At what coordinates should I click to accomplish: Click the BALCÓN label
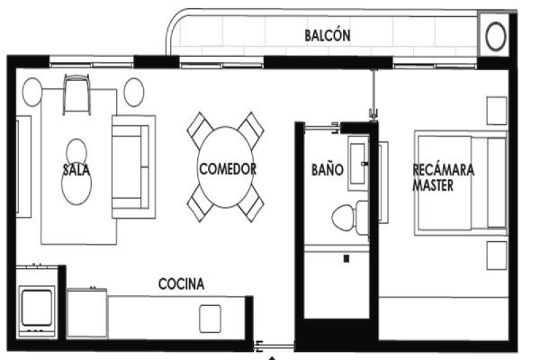click(x=327, y=35)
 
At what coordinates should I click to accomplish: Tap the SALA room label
click(x=76, y=169)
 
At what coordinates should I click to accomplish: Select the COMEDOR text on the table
click(x=227, y=169)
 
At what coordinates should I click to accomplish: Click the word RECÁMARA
click(x=443, y=170)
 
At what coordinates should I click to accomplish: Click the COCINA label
click(x=181, y=284)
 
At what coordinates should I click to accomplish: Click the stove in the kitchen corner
click(x=37, y=307)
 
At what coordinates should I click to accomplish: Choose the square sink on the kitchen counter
click(x=210, y=316)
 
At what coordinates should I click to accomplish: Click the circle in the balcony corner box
click(x=495, y=36)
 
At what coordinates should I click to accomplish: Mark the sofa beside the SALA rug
click(x=132, y=166)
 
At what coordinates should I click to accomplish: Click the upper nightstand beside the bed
click(x=496, y=111)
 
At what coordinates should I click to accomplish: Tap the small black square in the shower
click(x=347, y=258)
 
